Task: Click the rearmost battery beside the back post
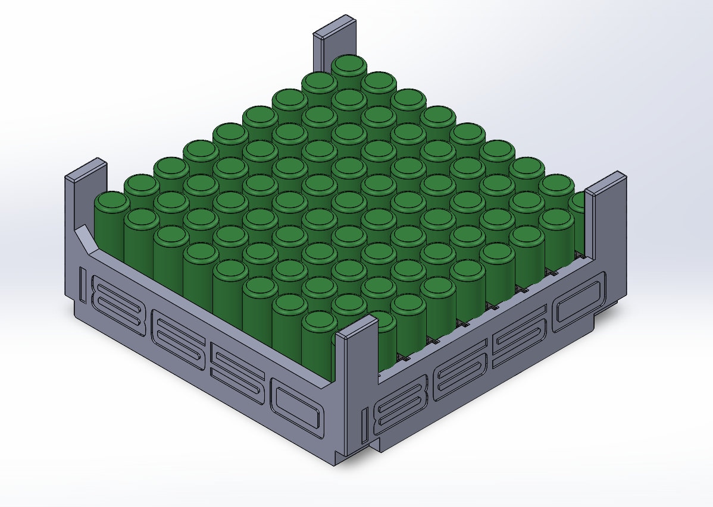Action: tap(349, 66)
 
